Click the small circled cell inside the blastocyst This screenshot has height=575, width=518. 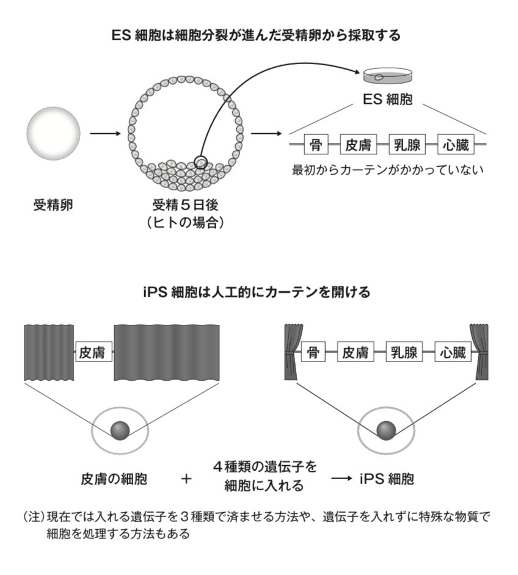201,162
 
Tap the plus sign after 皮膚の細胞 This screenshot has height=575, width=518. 186,479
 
